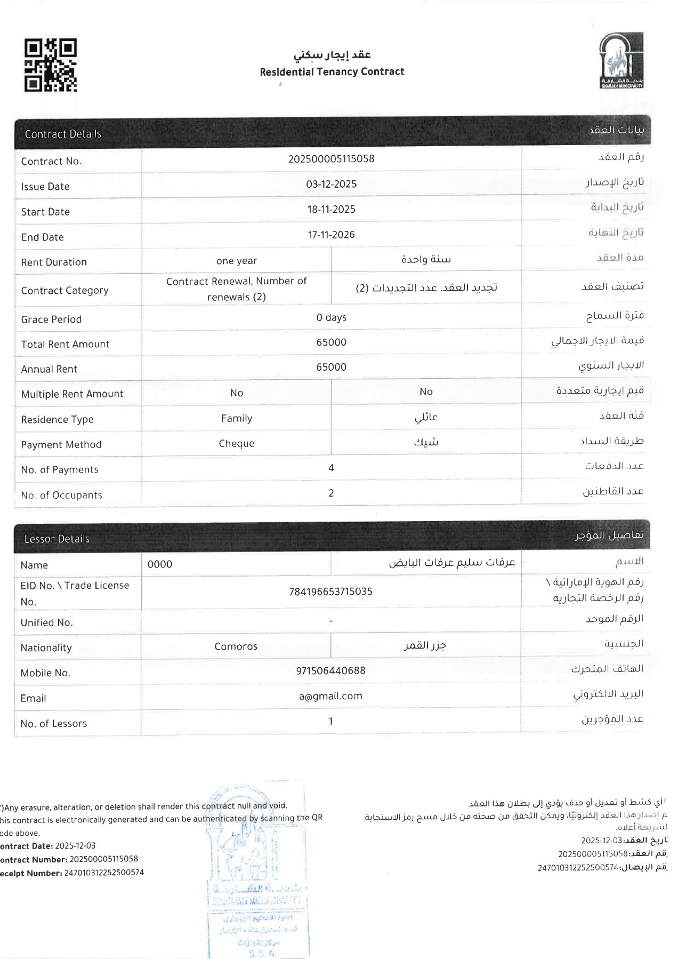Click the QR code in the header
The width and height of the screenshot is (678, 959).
coord(51,65)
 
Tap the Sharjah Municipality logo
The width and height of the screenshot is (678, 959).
coord(621,60)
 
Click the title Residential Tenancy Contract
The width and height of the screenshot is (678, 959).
coord(332,71)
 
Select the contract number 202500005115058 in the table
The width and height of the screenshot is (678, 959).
coord(331,159)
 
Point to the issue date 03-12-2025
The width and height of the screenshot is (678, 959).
coord(331,184)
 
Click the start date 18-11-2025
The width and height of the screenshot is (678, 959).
coord(331,210)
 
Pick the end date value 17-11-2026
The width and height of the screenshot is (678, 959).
coord(331,235)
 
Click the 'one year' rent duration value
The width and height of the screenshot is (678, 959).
coord(236,261)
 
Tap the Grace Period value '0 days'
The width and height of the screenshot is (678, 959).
coord(331,317)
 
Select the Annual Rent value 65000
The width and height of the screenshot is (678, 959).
coord(331,367)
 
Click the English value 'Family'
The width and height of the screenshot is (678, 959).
coord(236,419)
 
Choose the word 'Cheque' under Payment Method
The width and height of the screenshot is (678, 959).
coord(236,444)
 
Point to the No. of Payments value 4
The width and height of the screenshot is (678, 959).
coord(331,468)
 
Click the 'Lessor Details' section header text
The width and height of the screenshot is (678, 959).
coord(57,539)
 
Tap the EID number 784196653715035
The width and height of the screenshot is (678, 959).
coord(330,592)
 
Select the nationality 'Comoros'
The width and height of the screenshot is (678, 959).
coord(236,646)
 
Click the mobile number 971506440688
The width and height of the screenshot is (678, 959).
coord(330,670)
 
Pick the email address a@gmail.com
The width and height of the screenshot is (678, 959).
coord(330,696)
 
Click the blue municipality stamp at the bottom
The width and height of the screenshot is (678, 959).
coord(257,875)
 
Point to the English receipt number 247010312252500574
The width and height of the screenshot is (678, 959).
coord(104,873)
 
